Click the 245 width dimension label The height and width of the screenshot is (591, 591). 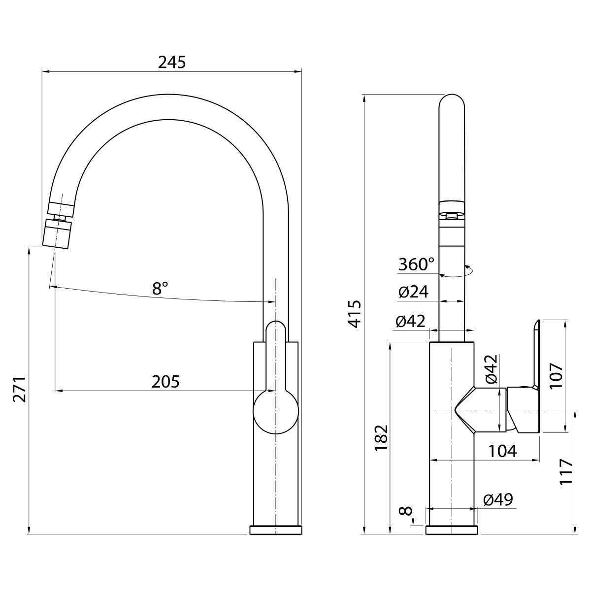tap(172, 62)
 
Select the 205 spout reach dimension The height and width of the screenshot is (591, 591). tap(165, 382)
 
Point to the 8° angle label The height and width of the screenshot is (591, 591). tap(160, 288)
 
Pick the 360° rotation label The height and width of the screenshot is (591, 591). tap(416, 264)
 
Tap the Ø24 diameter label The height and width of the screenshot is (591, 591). tap(413, 292)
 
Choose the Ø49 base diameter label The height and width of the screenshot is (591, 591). tap(498, 508)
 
